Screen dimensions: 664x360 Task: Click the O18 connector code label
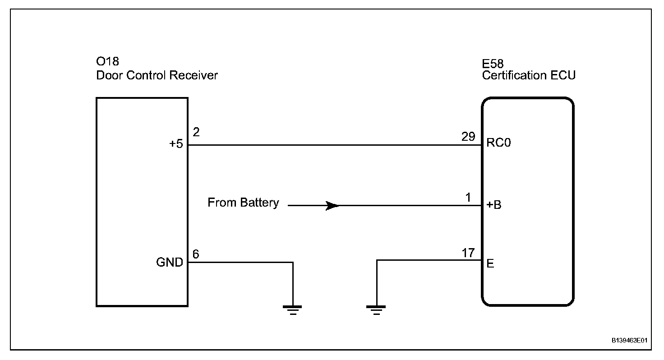(x=108, y=61)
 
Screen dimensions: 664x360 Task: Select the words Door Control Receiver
(x=157, y=75)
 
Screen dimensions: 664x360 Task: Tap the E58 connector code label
(x=493, y=64)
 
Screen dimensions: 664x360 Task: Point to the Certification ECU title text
(x=529, y=75)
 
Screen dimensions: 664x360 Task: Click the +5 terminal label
(x=176, y=144)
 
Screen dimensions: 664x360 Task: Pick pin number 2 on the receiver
(x=196, y=132)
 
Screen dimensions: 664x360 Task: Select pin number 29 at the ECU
(x=468, y=136)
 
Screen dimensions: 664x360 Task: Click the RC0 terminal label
(x=498, y=143)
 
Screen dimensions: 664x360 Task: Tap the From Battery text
(x=243, y=203)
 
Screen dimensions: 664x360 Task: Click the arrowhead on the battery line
(x=332, y=206)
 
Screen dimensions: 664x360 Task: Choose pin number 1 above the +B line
(x=468, y=198)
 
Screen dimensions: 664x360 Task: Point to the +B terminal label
(x=494, y=205)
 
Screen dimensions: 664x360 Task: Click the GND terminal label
(x=170, y=263)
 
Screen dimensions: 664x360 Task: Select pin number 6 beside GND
(x=196, y=254)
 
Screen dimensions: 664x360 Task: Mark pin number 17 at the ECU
(x=468, y=253)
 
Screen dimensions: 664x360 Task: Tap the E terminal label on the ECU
(x=490, y=263)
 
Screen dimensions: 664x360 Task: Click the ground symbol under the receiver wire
(x=293, y=310)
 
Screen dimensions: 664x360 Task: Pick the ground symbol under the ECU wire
(x=376, y=310)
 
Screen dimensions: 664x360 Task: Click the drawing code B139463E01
(x=629, y=341)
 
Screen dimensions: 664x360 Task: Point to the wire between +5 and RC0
(x=335, y=145)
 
